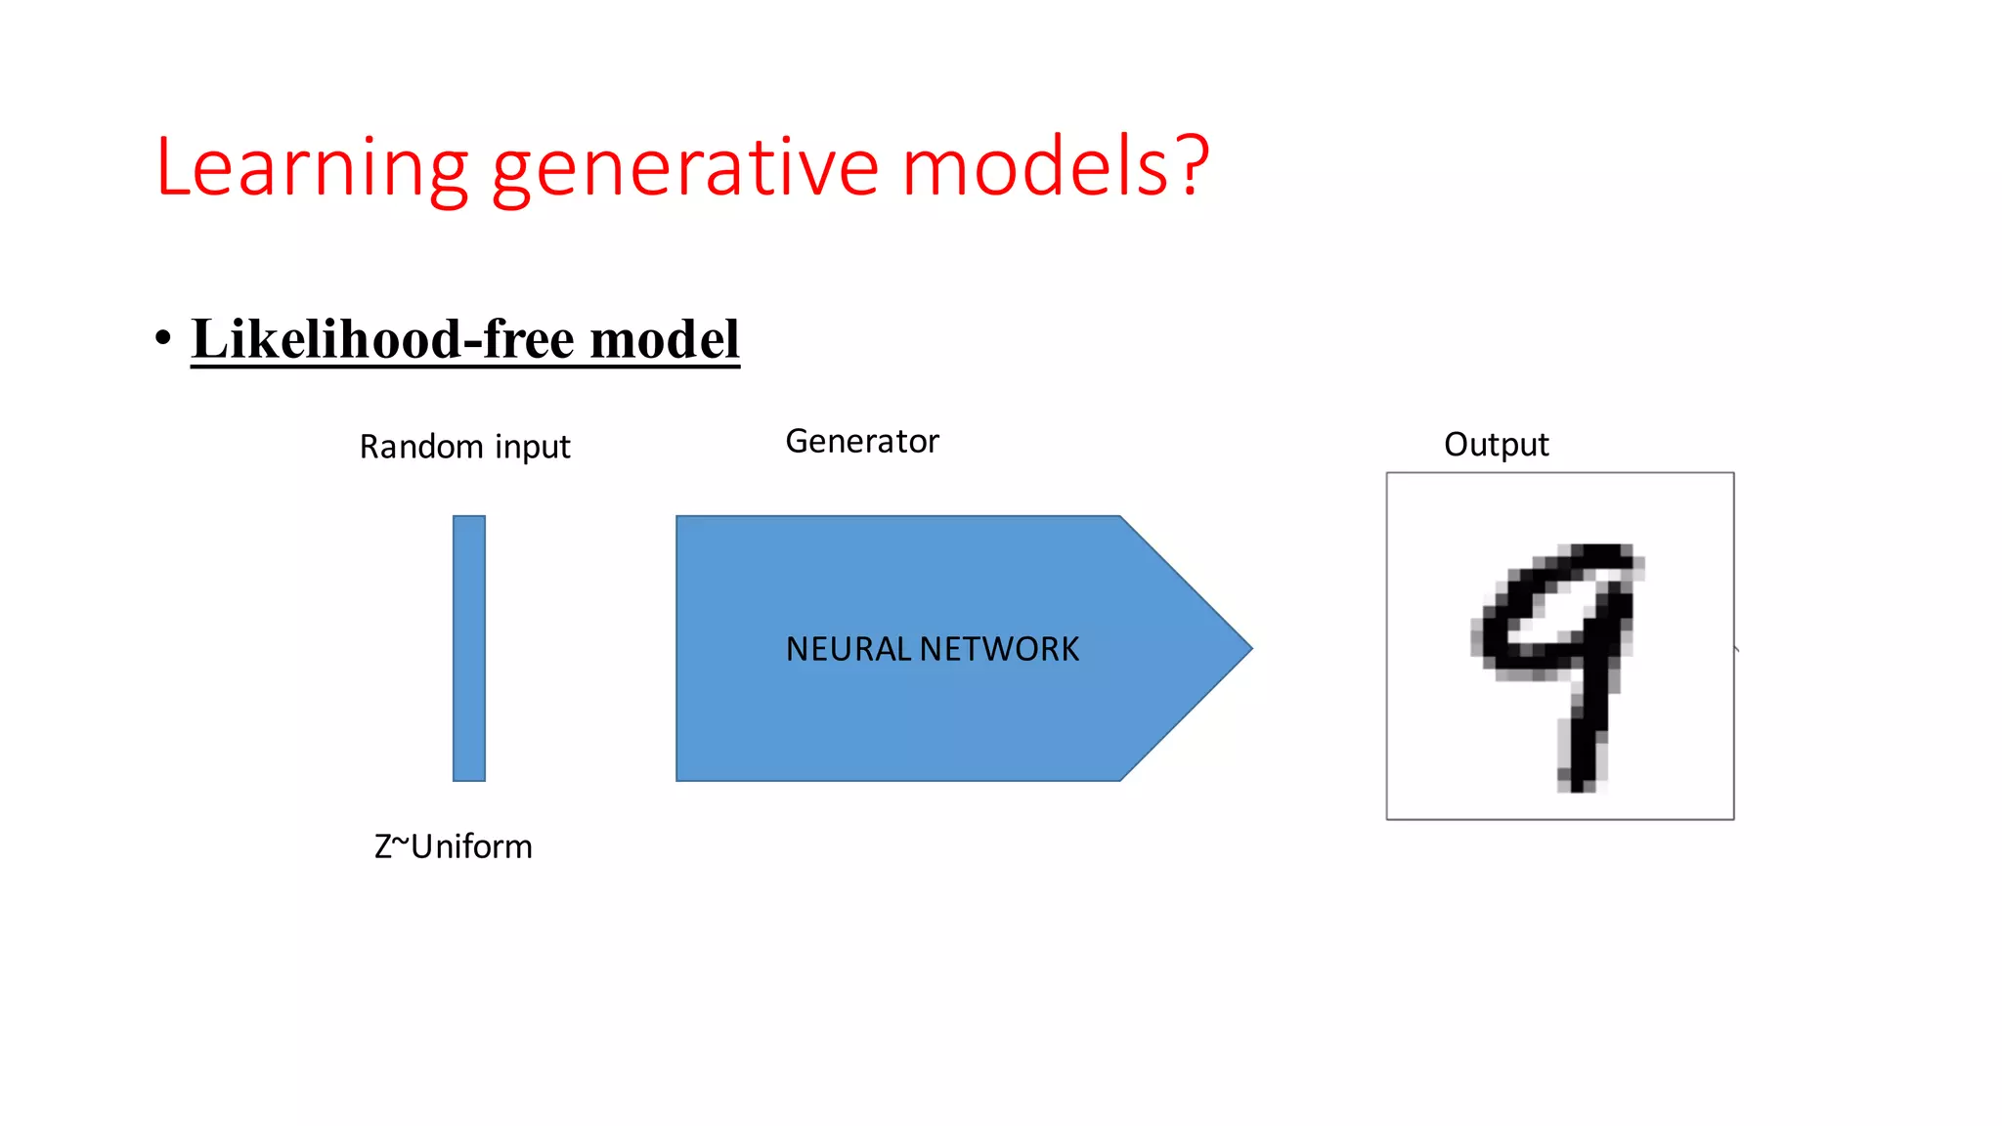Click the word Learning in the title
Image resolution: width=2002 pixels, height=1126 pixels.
[312, 168]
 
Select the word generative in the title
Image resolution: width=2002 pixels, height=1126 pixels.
[685, 168]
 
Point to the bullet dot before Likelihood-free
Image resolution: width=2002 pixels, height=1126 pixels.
[163, 338]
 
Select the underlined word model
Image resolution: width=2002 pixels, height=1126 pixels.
[665, 339]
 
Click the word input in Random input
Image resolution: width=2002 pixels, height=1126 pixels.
[533, 448]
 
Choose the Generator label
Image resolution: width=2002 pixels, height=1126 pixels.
[861, 442]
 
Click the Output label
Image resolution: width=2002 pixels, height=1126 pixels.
[1496, 445]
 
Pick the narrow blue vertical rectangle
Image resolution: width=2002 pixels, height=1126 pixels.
[469, 648]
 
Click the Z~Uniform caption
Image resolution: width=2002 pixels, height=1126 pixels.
[454, 846]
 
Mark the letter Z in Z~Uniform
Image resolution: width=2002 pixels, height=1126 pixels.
[383, 846]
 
